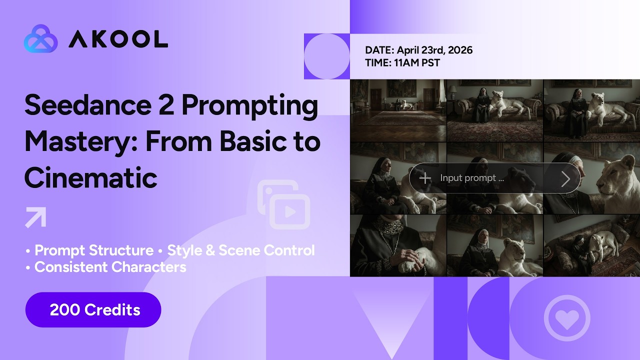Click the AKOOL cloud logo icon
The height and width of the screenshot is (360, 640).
tap(40, 38)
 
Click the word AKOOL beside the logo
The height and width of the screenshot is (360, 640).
tap(118, 39)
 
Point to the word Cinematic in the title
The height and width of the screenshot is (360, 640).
tap(90, 177)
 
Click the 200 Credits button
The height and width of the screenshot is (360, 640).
tap(93, 310)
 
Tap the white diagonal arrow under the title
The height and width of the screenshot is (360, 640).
tap(35, 217)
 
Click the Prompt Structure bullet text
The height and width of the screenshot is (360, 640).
tap(94, 250)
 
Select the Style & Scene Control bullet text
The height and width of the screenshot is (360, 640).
tap(241, 250)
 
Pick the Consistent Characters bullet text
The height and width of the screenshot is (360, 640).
tap(110, 267)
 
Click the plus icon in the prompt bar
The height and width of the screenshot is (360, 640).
tap(425, 178)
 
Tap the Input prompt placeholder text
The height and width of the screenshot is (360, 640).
tap(471, 178)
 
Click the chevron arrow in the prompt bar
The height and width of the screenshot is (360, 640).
tap(565, 178)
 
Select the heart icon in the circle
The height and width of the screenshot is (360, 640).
tap(567, 318)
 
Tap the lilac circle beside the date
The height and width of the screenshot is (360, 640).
tap(326, 56)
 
